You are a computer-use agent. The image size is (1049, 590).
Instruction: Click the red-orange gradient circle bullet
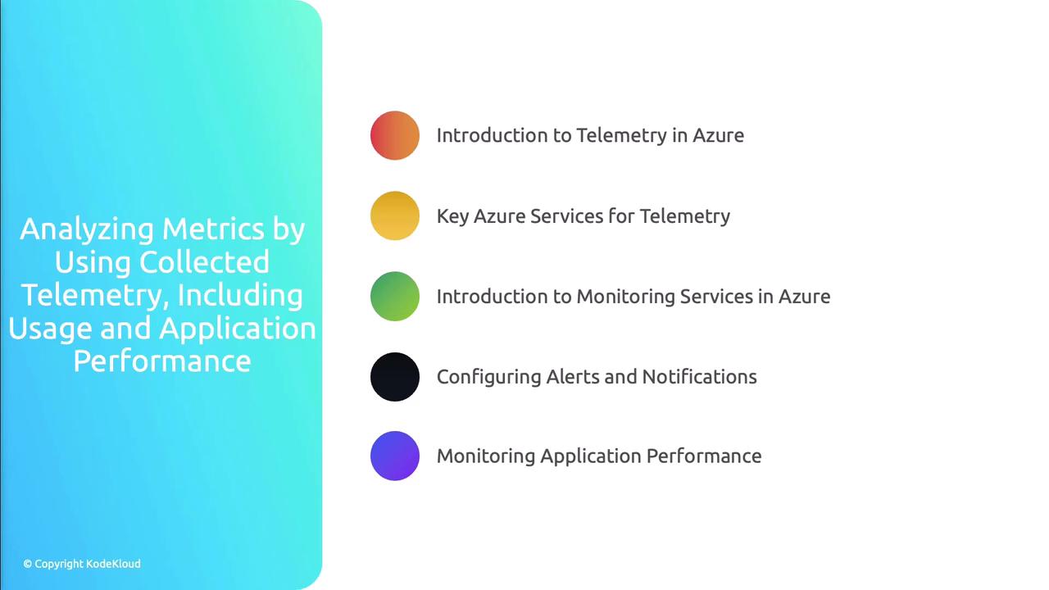395,135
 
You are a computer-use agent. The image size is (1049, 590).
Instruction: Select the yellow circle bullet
395,216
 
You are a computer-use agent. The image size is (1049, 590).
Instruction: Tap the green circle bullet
395,297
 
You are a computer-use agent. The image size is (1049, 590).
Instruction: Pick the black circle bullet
395,377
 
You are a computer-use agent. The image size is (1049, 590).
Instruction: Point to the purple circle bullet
395,456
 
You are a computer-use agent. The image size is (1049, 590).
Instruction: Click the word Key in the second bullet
453,217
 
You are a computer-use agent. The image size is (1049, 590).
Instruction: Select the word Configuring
488,378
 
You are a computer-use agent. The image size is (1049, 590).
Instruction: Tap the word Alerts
572,377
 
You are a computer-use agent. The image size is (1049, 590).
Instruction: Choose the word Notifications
700,377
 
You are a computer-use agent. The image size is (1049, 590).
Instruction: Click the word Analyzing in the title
87,230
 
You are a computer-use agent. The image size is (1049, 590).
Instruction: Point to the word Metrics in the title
213,229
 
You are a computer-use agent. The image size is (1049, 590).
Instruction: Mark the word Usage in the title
50,329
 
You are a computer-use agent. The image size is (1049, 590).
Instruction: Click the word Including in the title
240,296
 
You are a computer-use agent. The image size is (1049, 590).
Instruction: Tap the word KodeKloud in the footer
113,564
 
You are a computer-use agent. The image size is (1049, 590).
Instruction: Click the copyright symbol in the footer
28,564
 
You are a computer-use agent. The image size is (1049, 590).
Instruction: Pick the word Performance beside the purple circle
704,456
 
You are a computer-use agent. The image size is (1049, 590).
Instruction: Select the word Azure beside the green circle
804,297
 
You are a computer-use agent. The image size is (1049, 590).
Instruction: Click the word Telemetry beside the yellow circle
684,217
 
